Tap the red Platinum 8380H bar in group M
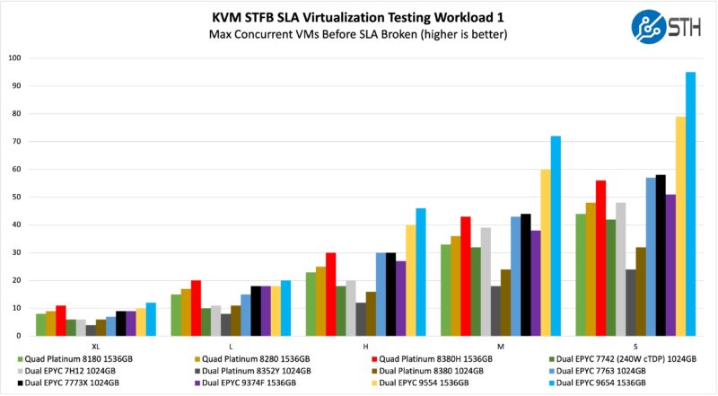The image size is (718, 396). click(x=465, y=276)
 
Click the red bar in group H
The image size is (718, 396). click(x=330, y=294)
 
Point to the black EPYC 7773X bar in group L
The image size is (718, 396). click(x=256, y=311)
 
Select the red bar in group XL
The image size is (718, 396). click(x=61, y=321)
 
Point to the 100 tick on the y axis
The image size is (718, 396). click(x=14, y=58)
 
